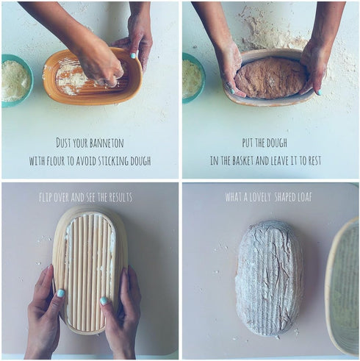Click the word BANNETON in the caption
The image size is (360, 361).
click(113, 142)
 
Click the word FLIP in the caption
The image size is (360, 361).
click(48, 197)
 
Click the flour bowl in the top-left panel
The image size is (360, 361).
click(15, 80)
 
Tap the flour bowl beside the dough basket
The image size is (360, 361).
click(192, 77)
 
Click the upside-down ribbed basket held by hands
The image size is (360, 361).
click(89, 268)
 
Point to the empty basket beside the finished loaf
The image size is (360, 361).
click(344, 287)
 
